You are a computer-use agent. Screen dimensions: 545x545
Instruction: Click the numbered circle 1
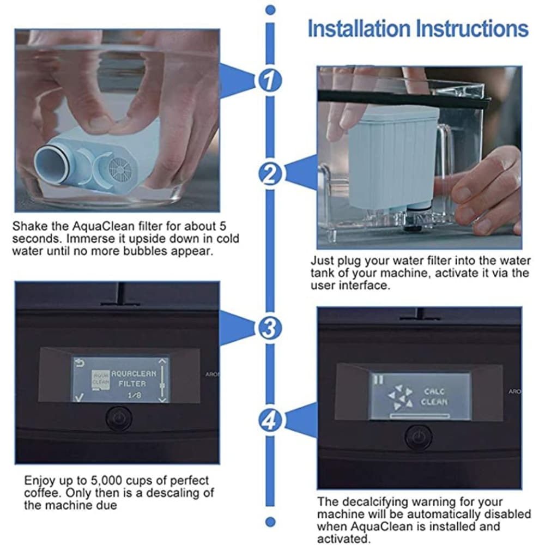(x=270, y=81)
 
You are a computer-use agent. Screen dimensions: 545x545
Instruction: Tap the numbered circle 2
(x=270, y=174)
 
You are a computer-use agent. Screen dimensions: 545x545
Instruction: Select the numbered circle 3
(x=270, y=328)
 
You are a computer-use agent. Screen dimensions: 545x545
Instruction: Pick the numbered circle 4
(x=270, y=421)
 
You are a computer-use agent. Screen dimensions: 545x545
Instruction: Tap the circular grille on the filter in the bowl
(x=120, y=170)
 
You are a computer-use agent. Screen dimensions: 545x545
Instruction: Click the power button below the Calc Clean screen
(x=419, y=436)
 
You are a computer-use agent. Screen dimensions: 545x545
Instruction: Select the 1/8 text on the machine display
(x=134, y=395)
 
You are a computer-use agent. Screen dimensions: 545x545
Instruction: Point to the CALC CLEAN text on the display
(x=434, y=397)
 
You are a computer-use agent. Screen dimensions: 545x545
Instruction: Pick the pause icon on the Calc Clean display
(x=378, y=379)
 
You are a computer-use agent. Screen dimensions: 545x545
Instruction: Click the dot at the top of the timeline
(x=270, y=10)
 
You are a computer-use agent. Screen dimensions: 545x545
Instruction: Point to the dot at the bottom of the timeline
(x=270, y=522)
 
